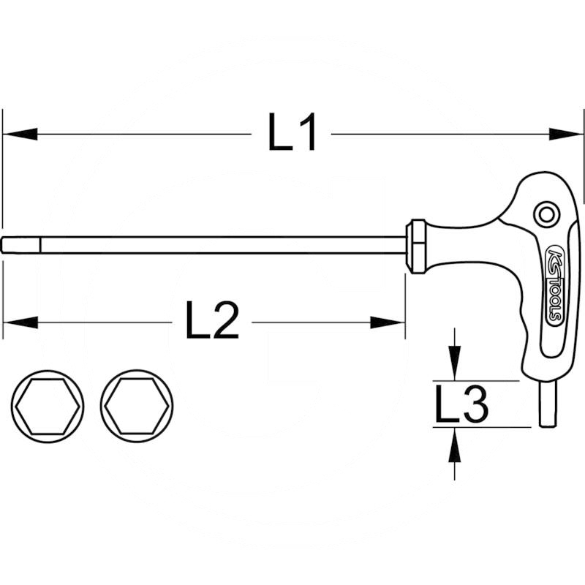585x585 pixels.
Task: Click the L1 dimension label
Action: point(292,135)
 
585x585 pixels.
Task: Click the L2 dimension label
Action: point(212,322)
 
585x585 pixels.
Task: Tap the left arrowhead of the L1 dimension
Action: point(19,135)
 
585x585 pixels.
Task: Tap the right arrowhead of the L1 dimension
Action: point(567,135)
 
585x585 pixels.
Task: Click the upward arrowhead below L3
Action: point(455,445)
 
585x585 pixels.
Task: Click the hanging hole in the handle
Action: point(545,214)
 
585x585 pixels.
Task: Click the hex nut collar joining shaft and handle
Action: point(416,246)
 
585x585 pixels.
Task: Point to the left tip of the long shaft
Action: point(6,245)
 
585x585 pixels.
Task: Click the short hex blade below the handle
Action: point(547,402)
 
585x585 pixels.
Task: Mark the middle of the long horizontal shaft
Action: point(205,245)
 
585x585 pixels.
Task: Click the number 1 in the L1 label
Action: point(306,135)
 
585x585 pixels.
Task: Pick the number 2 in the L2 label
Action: point(224,322)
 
